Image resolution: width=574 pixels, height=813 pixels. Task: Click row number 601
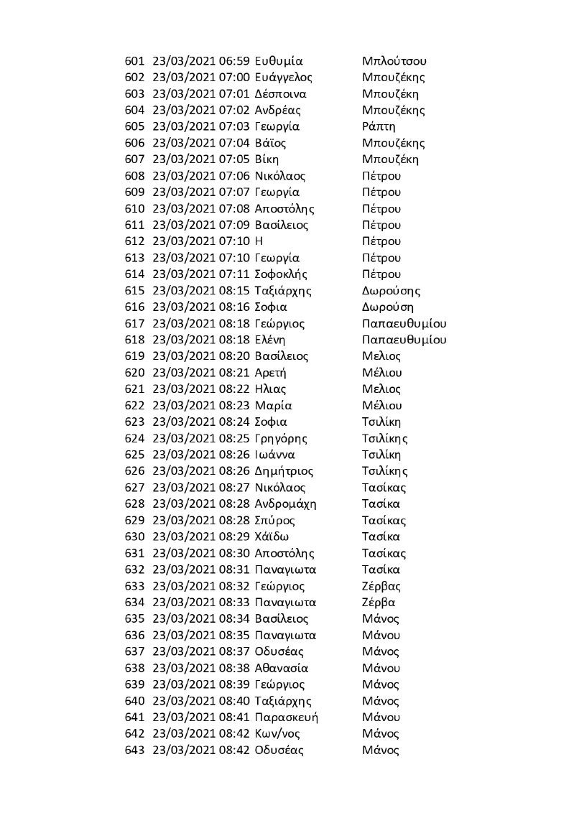pyautogui.click(x=134, y=61)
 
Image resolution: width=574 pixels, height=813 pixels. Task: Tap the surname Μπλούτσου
pyautogui.click(x=395, y=61)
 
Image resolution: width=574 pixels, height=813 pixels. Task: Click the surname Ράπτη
pyautogui.click(x=379, y=126)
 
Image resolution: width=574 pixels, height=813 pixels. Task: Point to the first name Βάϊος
pyautogui.click(x=270, y=143)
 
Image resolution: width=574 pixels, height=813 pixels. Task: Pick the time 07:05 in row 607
pyautogui.click(x=233, y=159)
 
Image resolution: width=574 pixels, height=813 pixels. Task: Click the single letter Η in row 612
pyautogui.click(x=259, y=241)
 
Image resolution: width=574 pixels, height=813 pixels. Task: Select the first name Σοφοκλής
pyautogui.click(x=281, y=274)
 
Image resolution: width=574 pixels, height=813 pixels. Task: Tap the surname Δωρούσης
pyautogui.click(x=392, y=291)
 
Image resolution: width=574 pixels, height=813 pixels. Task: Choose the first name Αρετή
pyautogui.click(x=271, y=373)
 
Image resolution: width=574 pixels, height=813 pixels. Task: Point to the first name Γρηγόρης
pyautogui.click(x=281, y=438)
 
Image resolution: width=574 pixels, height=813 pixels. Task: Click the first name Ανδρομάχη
pyautogui.click(x=285, y=504)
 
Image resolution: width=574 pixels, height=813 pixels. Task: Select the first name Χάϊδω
pyautogui.click(x=272, y=536)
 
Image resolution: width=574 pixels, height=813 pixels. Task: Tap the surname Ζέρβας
pyautogui.click(x=381, y=586)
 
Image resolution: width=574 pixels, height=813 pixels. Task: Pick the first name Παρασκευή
pyautogui.click(x=286, y=717)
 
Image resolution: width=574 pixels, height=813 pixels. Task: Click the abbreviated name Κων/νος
pyautogui.click(x=277, y=734)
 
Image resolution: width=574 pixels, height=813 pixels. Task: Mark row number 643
pyautogui.click(x=134, y=751)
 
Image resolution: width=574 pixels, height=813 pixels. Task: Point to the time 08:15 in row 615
pyautogui.click(x=233, y=291)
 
